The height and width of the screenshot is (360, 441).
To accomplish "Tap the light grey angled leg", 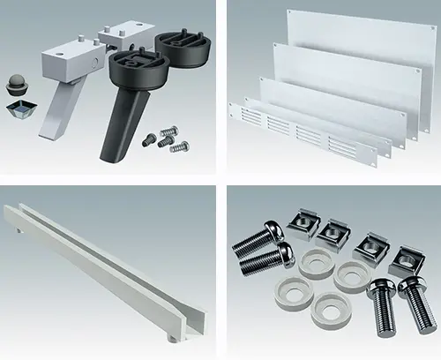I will [55, 110].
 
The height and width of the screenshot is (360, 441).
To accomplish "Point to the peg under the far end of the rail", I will [19, 232].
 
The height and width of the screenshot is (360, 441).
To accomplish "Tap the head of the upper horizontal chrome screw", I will [273, 232].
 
